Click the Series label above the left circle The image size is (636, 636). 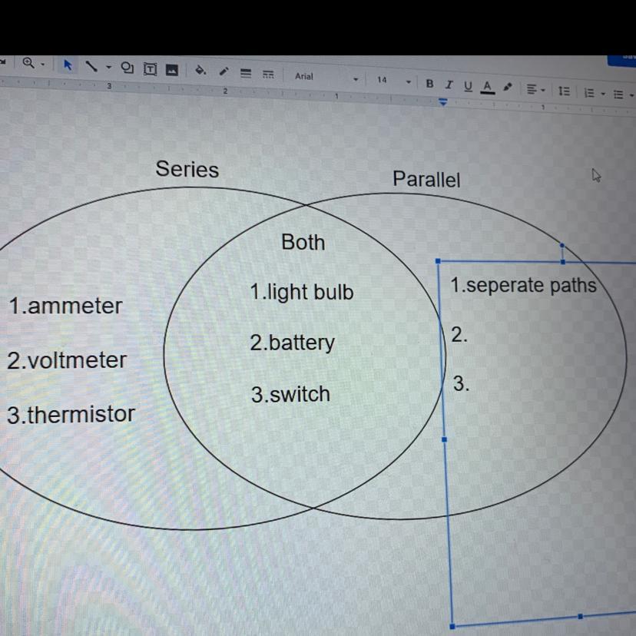tap(187, 169)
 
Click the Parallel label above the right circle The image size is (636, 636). tap(426, 180)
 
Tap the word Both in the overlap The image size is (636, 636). tap(303, 242)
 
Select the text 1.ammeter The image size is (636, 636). tap(65, 306)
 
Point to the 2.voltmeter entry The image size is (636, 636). tap(67, 360)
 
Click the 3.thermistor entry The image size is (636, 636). tap(71, 415)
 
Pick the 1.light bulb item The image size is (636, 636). tap(302, 293)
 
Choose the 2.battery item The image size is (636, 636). tap(292, 343)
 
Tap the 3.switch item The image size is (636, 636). tap(290, 395)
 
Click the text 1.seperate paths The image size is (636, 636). tap(523, 286)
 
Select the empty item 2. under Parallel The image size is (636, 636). tap(459, 335)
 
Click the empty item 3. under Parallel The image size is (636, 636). tap(460, 384)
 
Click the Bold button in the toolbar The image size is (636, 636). tap(429, 84)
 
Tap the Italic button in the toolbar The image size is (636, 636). tap(449, 84)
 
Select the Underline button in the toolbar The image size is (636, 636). tap(468, 86)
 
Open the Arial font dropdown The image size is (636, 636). tap(323, 78)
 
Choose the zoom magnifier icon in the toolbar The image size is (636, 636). tap(28, 63)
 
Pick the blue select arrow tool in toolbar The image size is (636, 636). tap(68, 65)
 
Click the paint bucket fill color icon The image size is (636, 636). tap(200, 71)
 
